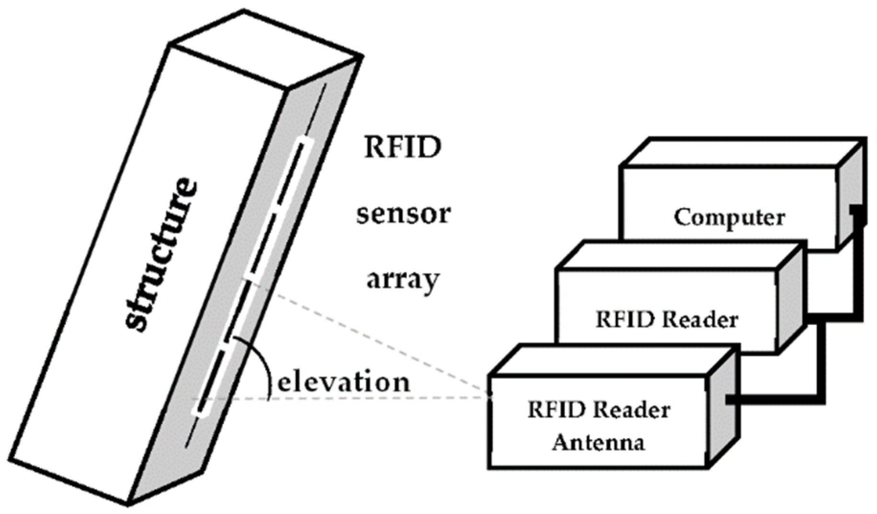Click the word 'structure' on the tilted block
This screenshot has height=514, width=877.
click(160, 254)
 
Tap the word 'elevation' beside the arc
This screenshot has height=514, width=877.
click(343, 383)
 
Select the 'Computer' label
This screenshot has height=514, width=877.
click(729, 217)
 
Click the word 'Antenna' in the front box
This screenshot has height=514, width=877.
click(598, 442)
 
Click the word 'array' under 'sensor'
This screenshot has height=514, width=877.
click(403, 280)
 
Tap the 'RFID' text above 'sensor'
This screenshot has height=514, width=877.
click(402, 147)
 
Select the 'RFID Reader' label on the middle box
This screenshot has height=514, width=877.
click(666, 319)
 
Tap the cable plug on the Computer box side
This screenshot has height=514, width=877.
click(857, 213)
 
